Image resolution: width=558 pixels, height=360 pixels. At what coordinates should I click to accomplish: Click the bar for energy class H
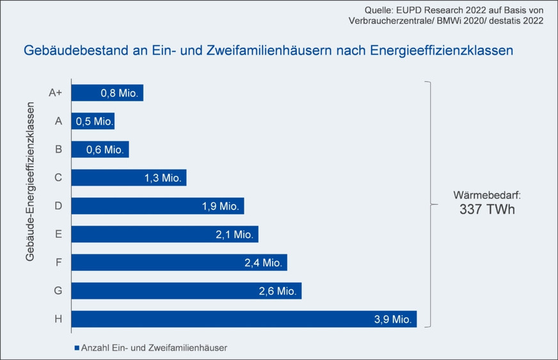(243, 318)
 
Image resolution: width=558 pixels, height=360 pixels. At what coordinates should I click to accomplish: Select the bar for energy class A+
(107, 93)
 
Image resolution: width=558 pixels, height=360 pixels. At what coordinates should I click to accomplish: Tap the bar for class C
(128, 177)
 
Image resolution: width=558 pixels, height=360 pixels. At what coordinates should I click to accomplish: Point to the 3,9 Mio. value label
(392, 318)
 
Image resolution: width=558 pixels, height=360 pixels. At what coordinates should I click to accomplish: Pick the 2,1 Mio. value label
(234, 234)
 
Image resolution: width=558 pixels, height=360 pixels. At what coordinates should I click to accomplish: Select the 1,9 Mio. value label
(220, 206)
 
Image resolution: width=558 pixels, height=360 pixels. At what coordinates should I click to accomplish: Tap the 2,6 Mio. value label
(277, 291)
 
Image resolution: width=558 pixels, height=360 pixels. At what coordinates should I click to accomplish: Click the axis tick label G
(58, 290)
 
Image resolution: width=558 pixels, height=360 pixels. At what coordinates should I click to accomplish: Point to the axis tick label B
(58, 149)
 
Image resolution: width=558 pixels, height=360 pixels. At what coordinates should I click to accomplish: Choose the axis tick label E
(58, 234)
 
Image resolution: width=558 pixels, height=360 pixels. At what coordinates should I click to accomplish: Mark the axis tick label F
(58, 262)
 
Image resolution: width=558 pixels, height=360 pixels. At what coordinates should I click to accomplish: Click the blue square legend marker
(77, 348)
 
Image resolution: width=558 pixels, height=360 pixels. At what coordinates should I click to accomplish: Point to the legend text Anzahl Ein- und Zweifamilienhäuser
(155, 348)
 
